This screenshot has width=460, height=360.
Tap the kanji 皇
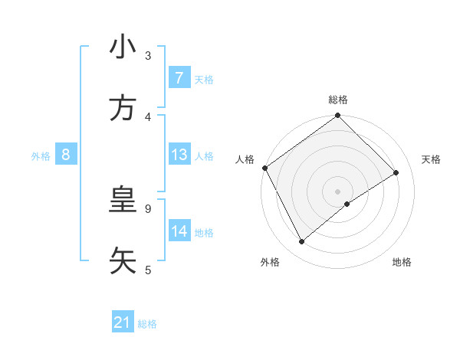tap(123, 201)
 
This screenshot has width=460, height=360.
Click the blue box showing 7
tap(179, 78)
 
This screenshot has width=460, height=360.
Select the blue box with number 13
tap(179, 155)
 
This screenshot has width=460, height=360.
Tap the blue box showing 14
tap(179, 231)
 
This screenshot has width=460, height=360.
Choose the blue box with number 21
tap(123, 323)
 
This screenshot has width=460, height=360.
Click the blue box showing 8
tap(66, 155)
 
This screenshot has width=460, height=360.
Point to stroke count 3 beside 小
tap(148, 55)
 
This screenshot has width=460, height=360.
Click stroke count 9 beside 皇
tap(148, 208)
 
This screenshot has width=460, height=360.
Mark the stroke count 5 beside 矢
tap(148, 270)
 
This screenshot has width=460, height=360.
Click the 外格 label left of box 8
tap(41, 155)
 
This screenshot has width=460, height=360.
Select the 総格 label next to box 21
tap(147, 324)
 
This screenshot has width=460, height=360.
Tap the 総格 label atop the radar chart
tap(338, 100)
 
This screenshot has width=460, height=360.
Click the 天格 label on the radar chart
tap(432, 159)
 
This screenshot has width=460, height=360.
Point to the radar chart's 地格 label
tap(402, 262)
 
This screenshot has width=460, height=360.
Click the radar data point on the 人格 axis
tap(264, 168)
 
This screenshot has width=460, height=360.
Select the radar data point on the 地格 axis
tap(347, 204)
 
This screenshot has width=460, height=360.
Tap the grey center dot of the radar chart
tap(338, 191)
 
